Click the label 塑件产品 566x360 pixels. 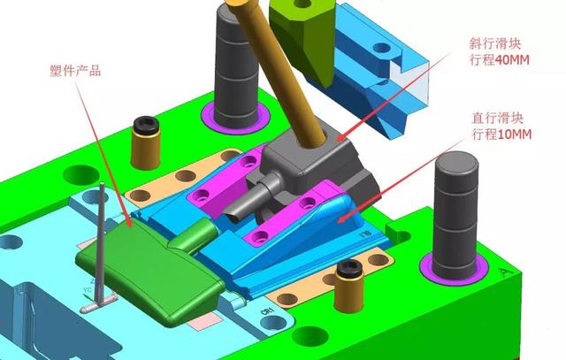pos(75,71)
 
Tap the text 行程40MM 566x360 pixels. pos(500,59)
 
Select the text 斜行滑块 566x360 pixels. pos(495,43)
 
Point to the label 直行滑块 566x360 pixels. pos(497,118)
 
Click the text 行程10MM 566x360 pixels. pos(501,134)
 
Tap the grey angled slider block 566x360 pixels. pos(310,170)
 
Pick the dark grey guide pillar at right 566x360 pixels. pos(456,216)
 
